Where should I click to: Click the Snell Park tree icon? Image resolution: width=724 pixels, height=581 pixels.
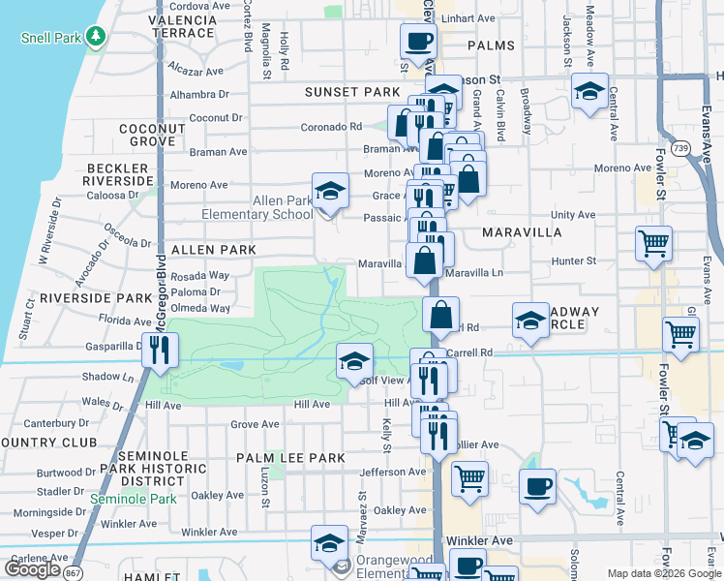tap(95, 37)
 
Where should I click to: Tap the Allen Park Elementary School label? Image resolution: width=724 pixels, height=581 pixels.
tap(256, 207)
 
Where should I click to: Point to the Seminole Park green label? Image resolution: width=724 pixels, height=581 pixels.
tap(133, 499)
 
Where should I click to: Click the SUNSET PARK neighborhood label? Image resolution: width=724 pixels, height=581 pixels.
tap(351, 92)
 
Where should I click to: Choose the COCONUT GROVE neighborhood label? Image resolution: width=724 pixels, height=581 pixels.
tap(152, 135)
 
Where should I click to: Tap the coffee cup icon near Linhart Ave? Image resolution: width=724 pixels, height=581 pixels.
tap(418, 41)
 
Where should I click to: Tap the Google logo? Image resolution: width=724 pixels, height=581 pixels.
tap(32, 569)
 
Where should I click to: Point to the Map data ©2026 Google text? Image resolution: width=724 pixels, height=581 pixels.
tap(663, 573)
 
